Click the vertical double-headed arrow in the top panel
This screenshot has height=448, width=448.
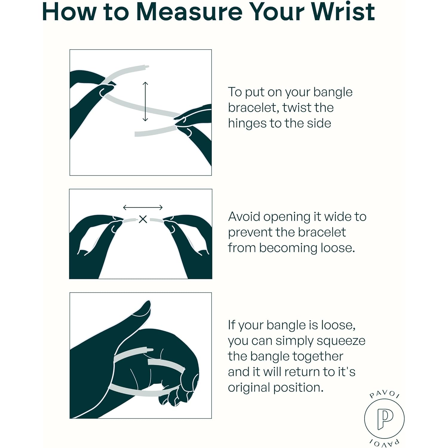[x=145, y=101]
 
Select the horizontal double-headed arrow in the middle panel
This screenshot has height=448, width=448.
[x=143, y=207]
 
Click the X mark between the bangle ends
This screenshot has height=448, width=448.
[x=143, y=219]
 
